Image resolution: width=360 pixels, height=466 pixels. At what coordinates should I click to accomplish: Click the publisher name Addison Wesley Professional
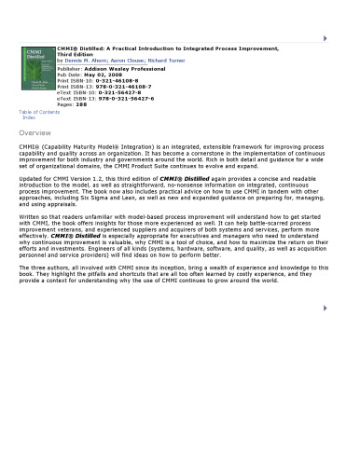(122, 69)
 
